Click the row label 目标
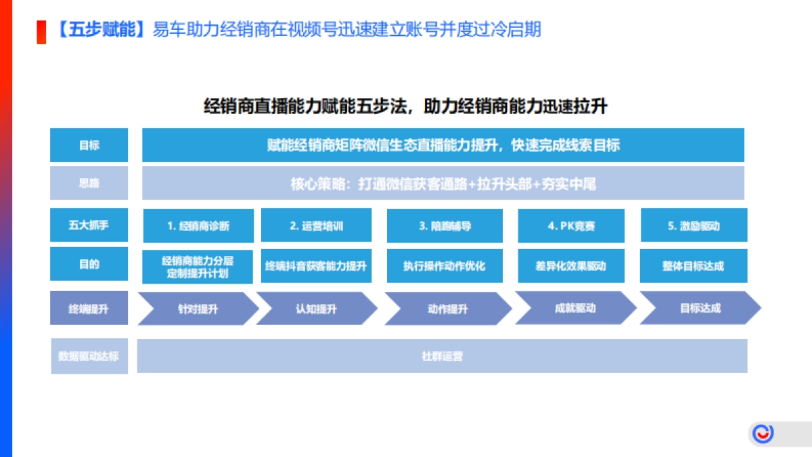(89, 145)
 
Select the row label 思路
(89, 183)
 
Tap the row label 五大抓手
(89, 225)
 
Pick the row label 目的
(89, 264)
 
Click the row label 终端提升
(89, 309)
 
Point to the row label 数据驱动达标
(89, 355)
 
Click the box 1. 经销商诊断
(198, 226)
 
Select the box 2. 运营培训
(316, 226)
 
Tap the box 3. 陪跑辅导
(445, 226)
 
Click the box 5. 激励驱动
(694, 226)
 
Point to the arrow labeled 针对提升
(198, 309)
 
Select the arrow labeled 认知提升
(316, 309)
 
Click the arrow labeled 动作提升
(447, 309)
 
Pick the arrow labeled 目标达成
(700, 309)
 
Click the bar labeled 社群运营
(442, 356)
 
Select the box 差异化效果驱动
(571, 265)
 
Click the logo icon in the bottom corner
(764, 433)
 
